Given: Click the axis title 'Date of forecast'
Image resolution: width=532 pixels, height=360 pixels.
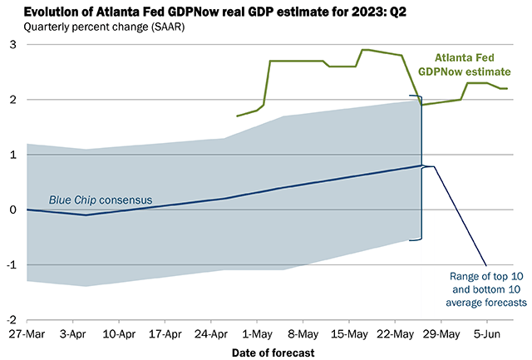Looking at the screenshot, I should (273, 353).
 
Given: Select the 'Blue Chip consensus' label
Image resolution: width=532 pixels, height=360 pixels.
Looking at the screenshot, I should (86, 200).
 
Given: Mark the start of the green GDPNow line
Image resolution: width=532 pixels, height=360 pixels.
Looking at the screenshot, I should (237, 116).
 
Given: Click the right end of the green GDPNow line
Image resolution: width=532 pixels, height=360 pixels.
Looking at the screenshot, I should (507, 88).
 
